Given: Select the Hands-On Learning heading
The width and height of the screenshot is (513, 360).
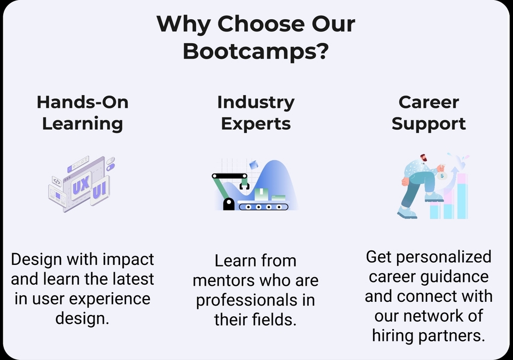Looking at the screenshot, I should click(82, 113).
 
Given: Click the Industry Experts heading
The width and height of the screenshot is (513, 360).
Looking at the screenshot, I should click(256, 113).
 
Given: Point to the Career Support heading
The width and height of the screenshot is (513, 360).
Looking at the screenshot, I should click(429, 113).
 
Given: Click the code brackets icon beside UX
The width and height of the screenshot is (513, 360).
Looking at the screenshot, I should click(57, 181).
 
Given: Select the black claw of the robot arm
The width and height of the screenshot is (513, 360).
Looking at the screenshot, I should click(245, 185).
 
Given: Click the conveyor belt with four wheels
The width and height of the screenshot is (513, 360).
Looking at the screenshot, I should click(263, 206).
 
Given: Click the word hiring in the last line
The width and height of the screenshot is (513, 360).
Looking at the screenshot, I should click(396, 335).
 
